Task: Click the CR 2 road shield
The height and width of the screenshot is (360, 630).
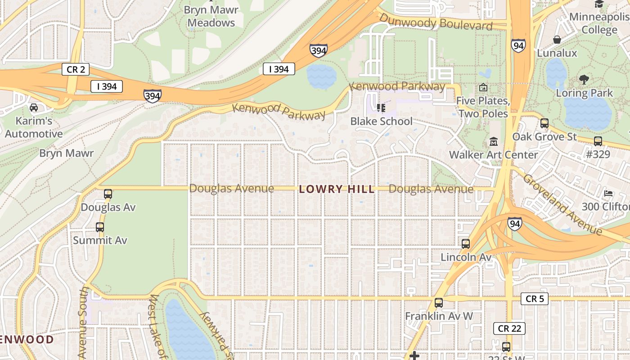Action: [x=76, y=69]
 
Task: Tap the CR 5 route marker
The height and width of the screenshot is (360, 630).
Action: [x=535, y=299]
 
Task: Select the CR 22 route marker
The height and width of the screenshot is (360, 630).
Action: [x=509, y=328]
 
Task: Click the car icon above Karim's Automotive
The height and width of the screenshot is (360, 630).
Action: [x=34, y=107]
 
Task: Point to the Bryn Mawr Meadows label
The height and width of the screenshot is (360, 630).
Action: [x=211, y=16]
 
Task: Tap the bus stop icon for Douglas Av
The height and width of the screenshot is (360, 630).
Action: [x=108, y=194]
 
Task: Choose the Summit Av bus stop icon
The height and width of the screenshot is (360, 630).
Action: [x=100, y=227]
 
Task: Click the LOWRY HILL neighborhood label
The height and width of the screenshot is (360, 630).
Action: [x=337, y=189]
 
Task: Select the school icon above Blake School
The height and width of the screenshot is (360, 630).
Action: [x=381, y=108]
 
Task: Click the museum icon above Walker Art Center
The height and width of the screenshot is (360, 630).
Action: [x=494, y=142]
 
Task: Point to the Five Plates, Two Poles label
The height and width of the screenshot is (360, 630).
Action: [x=483, y=107]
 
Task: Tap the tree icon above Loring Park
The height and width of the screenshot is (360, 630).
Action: [x=584, y=80]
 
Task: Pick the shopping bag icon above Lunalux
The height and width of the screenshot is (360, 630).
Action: [x=557, y=40]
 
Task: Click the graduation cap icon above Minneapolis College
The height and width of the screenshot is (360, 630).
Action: [x=599, y=4]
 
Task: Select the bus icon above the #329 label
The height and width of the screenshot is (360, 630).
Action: [x=598, y=141]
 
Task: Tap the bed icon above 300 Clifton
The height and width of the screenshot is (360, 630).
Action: [x=608, y=193]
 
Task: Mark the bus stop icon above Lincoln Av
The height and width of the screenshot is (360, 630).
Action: [x=466, y=244]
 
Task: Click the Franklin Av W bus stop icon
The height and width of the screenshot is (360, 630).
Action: [x=439, y=303]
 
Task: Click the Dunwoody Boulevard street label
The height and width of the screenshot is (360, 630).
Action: [x=436, y=22]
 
